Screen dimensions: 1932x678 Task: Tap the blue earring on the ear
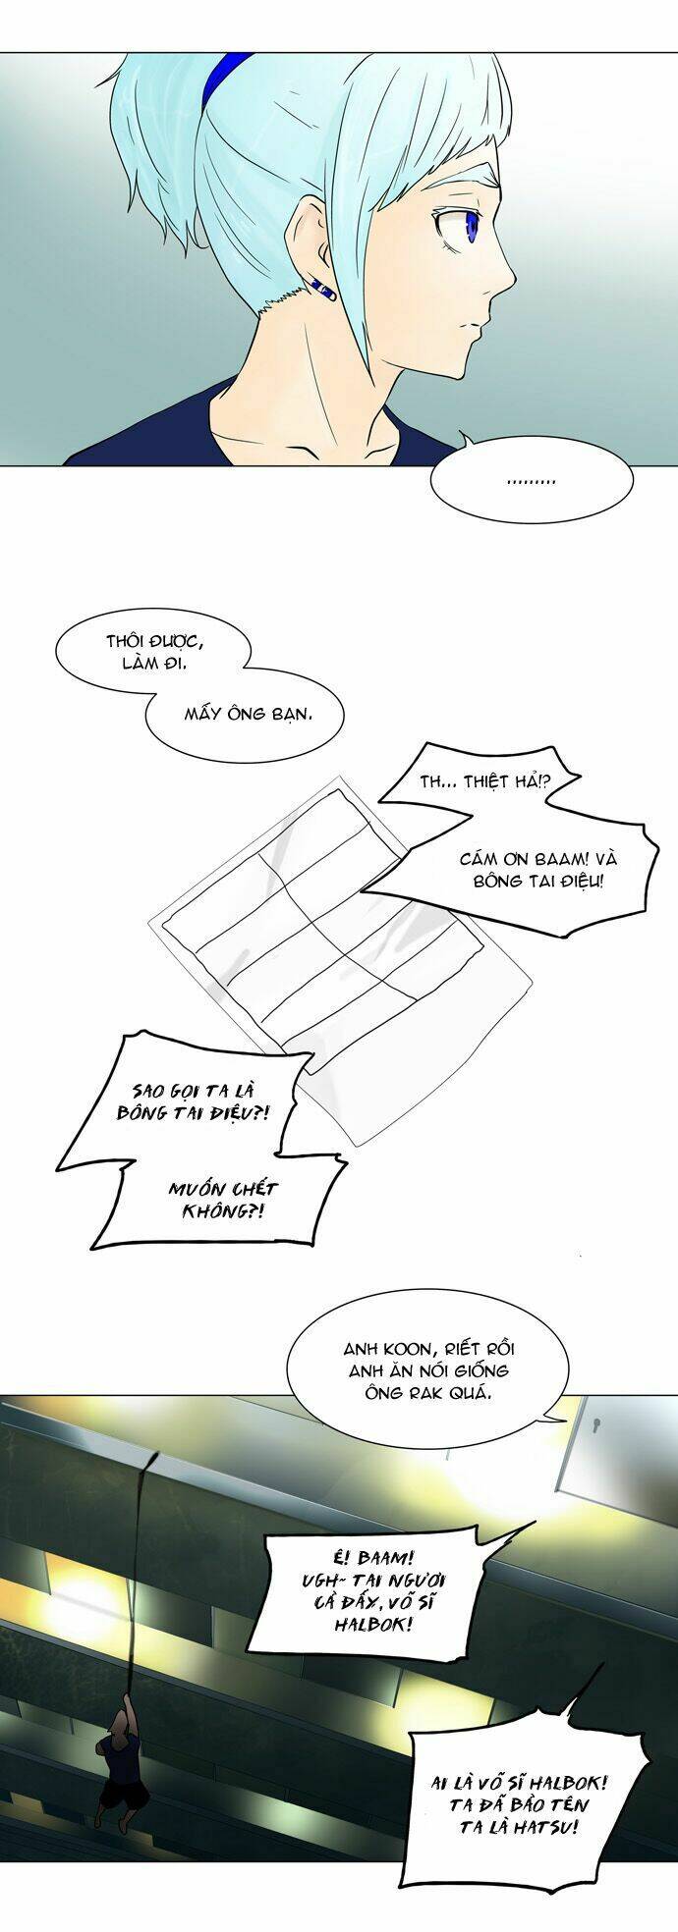pyautogui.click(x=323, y=288)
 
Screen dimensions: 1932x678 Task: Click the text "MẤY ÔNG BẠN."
pyautogui.click(x=249, y=713)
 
